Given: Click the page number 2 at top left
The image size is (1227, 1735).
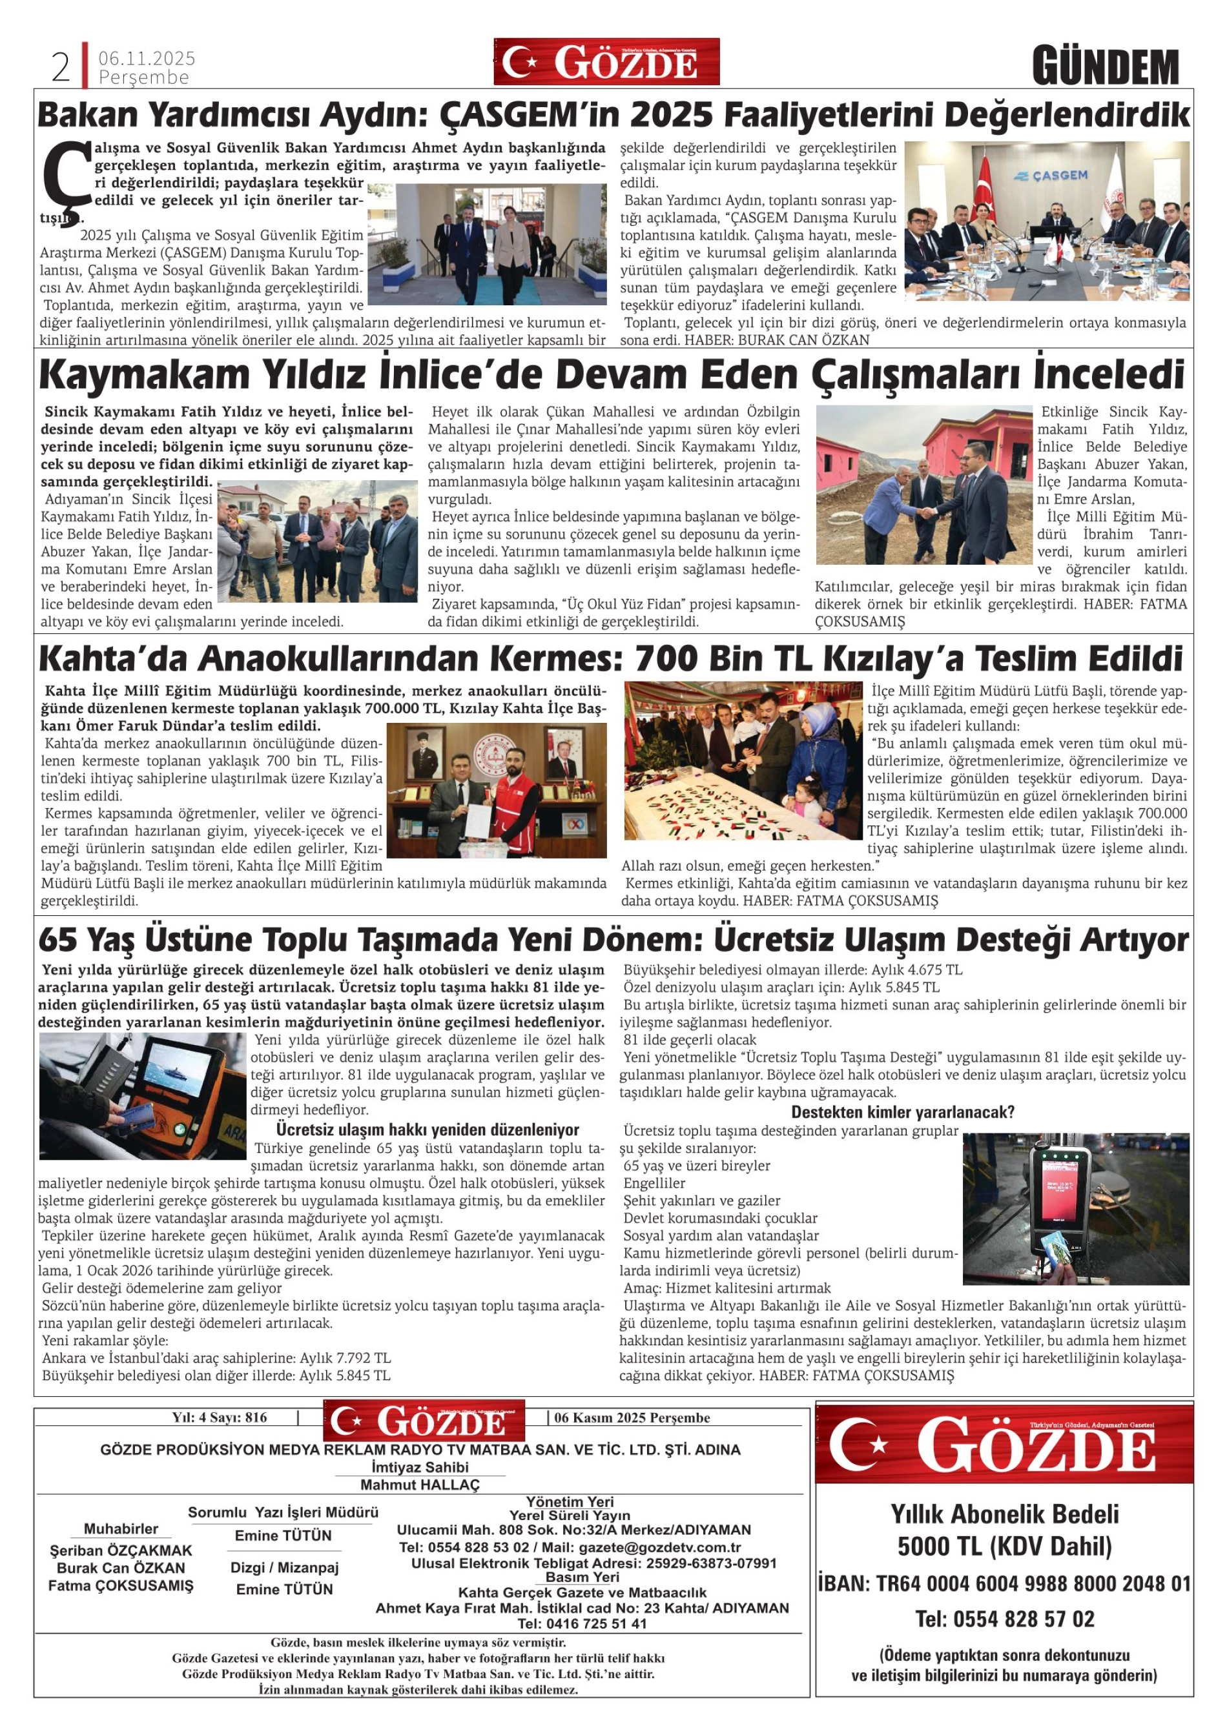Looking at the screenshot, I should (x=61, y=68).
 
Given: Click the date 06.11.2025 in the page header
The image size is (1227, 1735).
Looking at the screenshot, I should (x=147, y=58).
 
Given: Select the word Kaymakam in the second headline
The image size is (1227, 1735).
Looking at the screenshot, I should (x=143, y=375).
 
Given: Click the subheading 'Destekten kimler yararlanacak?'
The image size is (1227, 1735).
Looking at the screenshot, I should (x=902, y=1111).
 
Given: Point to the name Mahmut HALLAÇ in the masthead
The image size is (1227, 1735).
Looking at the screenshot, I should (x=420, y=1484).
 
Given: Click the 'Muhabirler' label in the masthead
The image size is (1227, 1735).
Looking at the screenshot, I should (x=121, y=1528).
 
